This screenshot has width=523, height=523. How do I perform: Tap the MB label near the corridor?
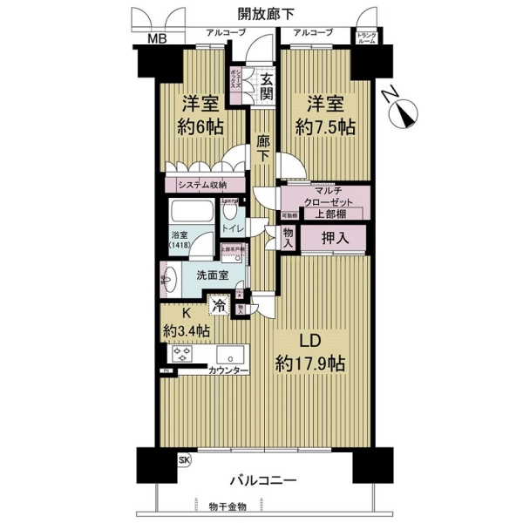(157, 37)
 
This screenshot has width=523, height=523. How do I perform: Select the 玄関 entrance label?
(266, 85)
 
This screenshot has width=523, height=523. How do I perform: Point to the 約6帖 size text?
(201, 126)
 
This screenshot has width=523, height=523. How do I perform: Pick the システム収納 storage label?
(201, 185)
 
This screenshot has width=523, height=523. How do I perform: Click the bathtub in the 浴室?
(191, 214)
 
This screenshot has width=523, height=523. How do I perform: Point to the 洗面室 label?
(212, 275)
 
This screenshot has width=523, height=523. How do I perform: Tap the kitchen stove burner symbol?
(183, 354)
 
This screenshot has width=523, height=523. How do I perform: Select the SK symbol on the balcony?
(183, 459)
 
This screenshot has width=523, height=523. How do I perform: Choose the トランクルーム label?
(364, 37)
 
